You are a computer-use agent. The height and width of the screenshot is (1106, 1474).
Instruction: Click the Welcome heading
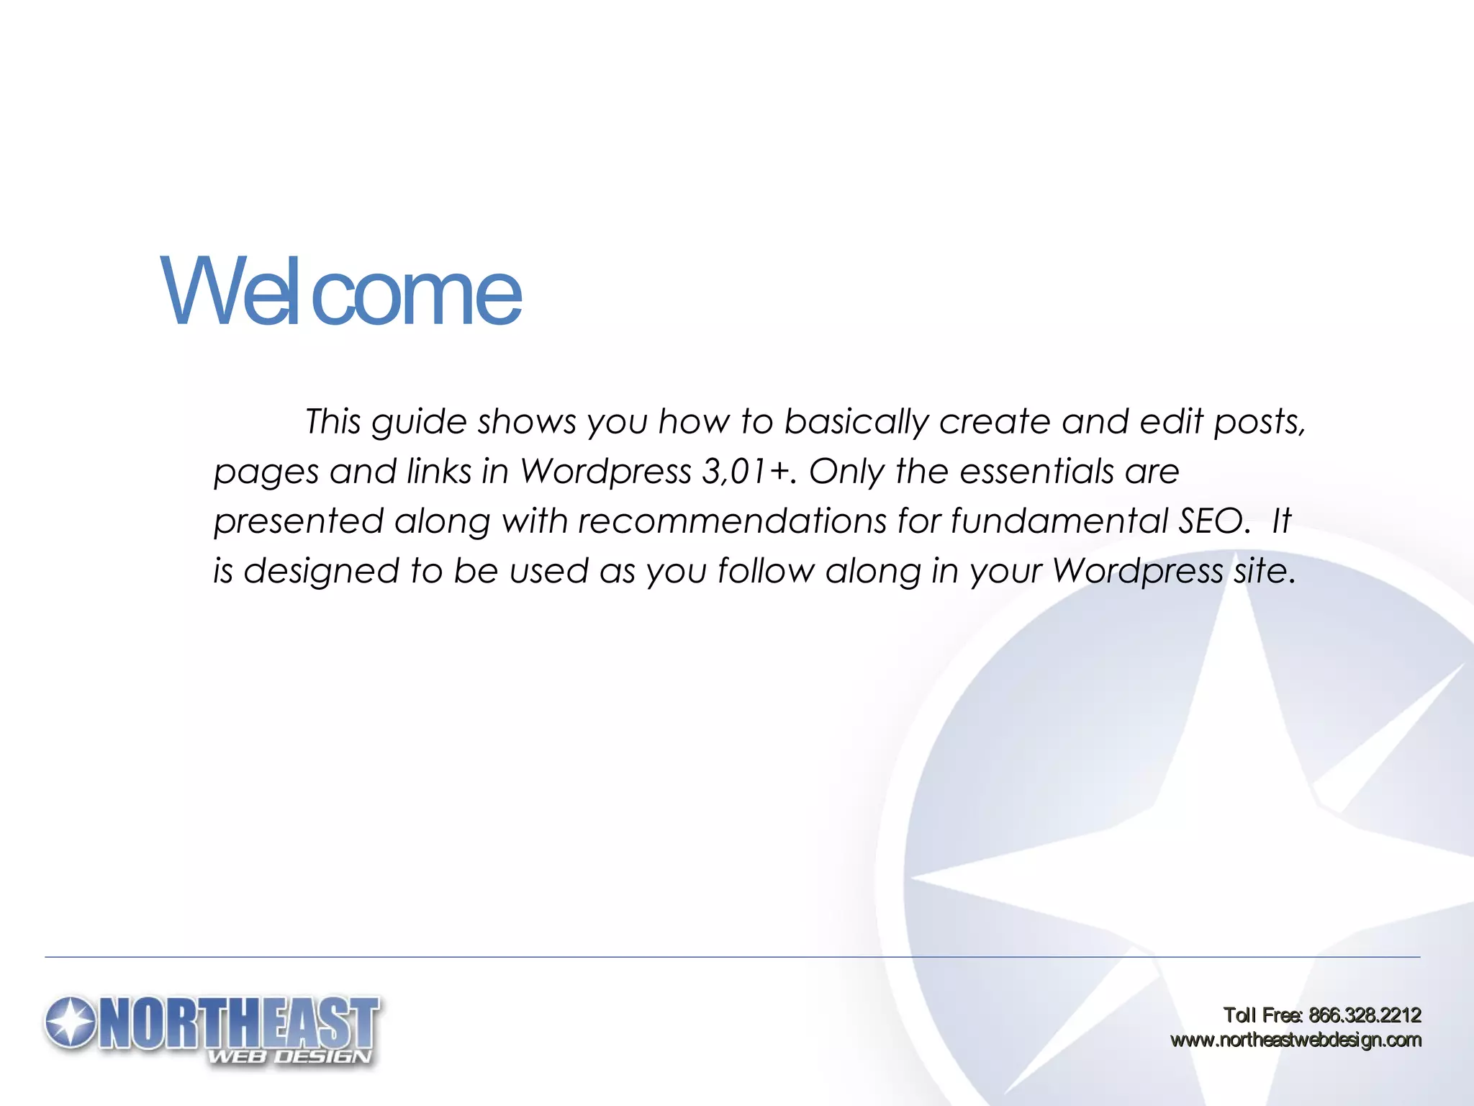[x=340, y=292]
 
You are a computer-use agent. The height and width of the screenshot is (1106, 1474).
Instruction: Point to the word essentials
[x=1036, y=472]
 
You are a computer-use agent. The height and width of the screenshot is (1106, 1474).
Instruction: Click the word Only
[x=846, y=472]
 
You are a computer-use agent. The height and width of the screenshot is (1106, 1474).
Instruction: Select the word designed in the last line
[x=321, y=571]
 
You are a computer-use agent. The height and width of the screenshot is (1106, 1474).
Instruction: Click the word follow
[x=766, y=571]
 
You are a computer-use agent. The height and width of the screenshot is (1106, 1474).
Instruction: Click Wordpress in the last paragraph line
[x=1137, y=571]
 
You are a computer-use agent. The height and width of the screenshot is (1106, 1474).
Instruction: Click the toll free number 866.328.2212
[x=1365, y=1015]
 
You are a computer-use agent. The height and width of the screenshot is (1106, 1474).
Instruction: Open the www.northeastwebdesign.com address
[x=1296, y=1040]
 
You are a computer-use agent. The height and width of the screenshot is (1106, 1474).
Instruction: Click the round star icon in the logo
[x=70, y=1022]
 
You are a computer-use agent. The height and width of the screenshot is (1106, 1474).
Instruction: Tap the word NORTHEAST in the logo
[x=241, y=1022]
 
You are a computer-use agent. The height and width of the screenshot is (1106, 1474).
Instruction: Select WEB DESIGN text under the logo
[x=290, y=1057]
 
